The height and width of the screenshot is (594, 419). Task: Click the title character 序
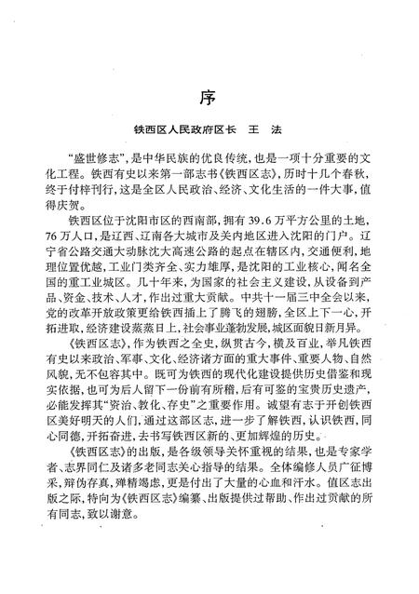[209, 96]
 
